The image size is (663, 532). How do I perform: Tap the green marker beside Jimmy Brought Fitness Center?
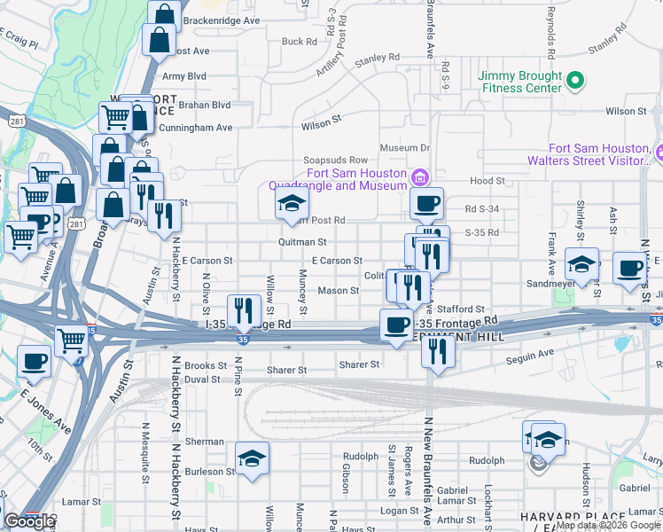pos(574,82)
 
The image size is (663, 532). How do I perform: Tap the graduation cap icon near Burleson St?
pos(252,458)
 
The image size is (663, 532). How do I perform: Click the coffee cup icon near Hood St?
pos(426,204)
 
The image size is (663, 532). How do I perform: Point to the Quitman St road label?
pos(302,241)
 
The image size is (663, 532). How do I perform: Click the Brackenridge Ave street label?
pos(222,20)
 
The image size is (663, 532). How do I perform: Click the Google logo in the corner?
pos(28,521)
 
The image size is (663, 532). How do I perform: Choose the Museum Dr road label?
pos(404,147)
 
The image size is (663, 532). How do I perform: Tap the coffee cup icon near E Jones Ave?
pos(34,361)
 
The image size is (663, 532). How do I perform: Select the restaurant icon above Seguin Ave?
pos(438,349)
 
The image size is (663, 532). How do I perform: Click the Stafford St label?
pos(467,308)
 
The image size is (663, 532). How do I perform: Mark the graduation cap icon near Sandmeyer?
pos(581,264)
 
